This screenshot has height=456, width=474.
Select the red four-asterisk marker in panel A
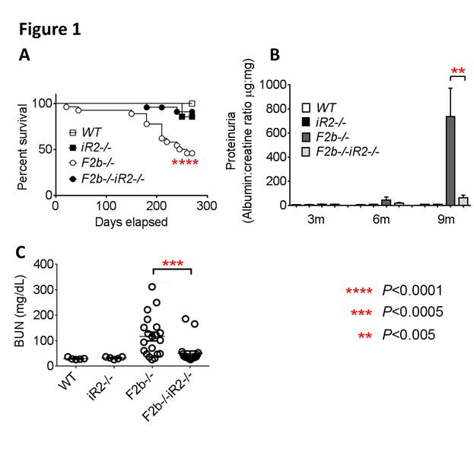point(186,163)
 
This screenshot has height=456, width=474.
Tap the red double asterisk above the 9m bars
point(437,72)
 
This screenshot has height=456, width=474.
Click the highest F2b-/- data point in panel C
point(152,287)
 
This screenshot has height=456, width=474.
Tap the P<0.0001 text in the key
point(412,291)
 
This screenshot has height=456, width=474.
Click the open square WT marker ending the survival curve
point(192,104)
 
